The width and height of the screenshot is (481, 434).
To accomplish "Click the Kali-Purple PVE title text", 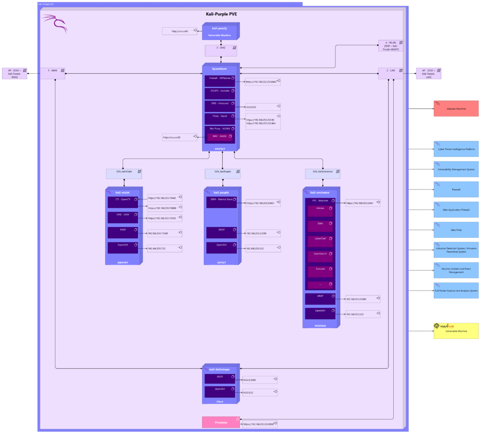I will coord(221,14).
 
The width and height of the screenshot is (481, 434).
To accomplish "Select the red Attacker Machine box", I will coord(456,108).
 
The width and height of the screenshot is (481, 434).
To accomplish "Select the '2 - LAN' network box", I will coord(391,73).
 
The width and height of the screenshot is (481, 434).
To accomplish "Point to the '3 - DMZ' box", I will coord(220,48).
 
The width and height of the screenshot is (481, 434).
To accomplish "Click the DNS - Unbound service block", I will coord(219,106).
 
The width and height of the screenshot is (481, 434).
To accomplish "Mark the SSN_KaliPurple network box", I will coord(220,174).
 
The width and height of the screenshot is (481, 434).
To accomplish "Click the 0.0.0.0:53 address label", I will coord(263,107).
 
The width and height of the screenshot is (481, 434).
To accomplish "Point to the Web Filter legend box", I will coord(456,230).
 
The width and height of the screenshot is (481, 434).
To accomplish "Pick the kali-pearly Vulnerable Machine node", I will coord(220,31).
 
